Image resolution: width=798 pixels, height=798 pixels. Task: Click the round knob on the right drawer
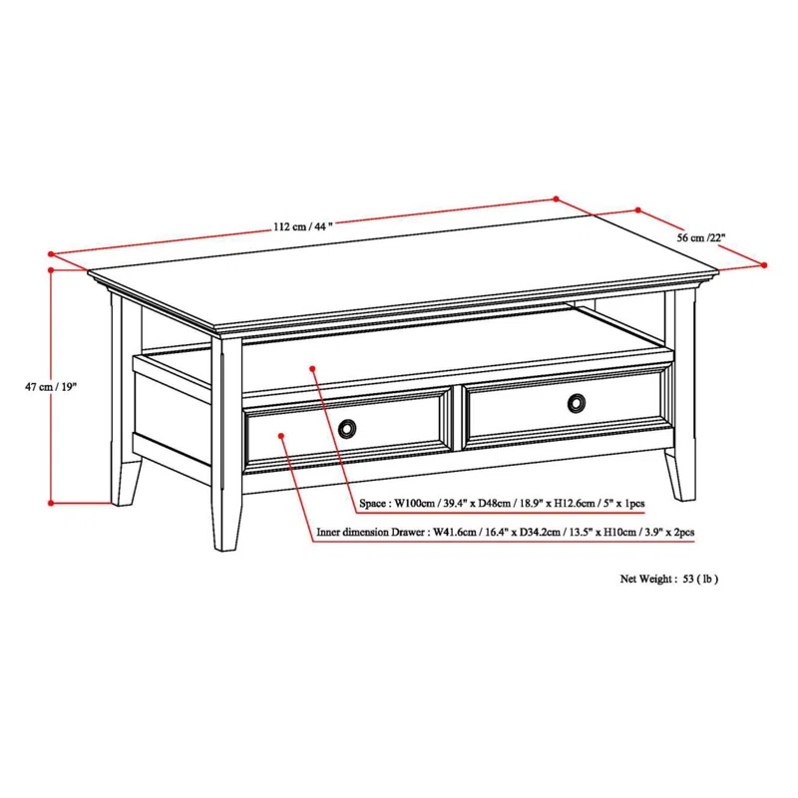(x=576, y=403)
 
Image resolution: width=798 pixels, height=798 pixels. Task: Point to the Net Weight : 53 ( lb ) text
(x=669, y=579)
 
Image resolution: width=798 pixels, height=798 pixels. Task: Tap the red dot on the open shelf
(x=315, y=368)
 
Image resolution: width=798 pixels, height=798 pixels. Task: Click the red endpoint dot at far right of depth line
(x=764, y=265)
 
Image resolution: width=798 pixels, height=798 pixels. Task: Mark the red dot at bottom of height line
(x=51, y=503)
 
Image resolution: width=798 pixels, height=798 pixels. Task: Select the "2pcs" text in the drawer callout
(x=681, y=534)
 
